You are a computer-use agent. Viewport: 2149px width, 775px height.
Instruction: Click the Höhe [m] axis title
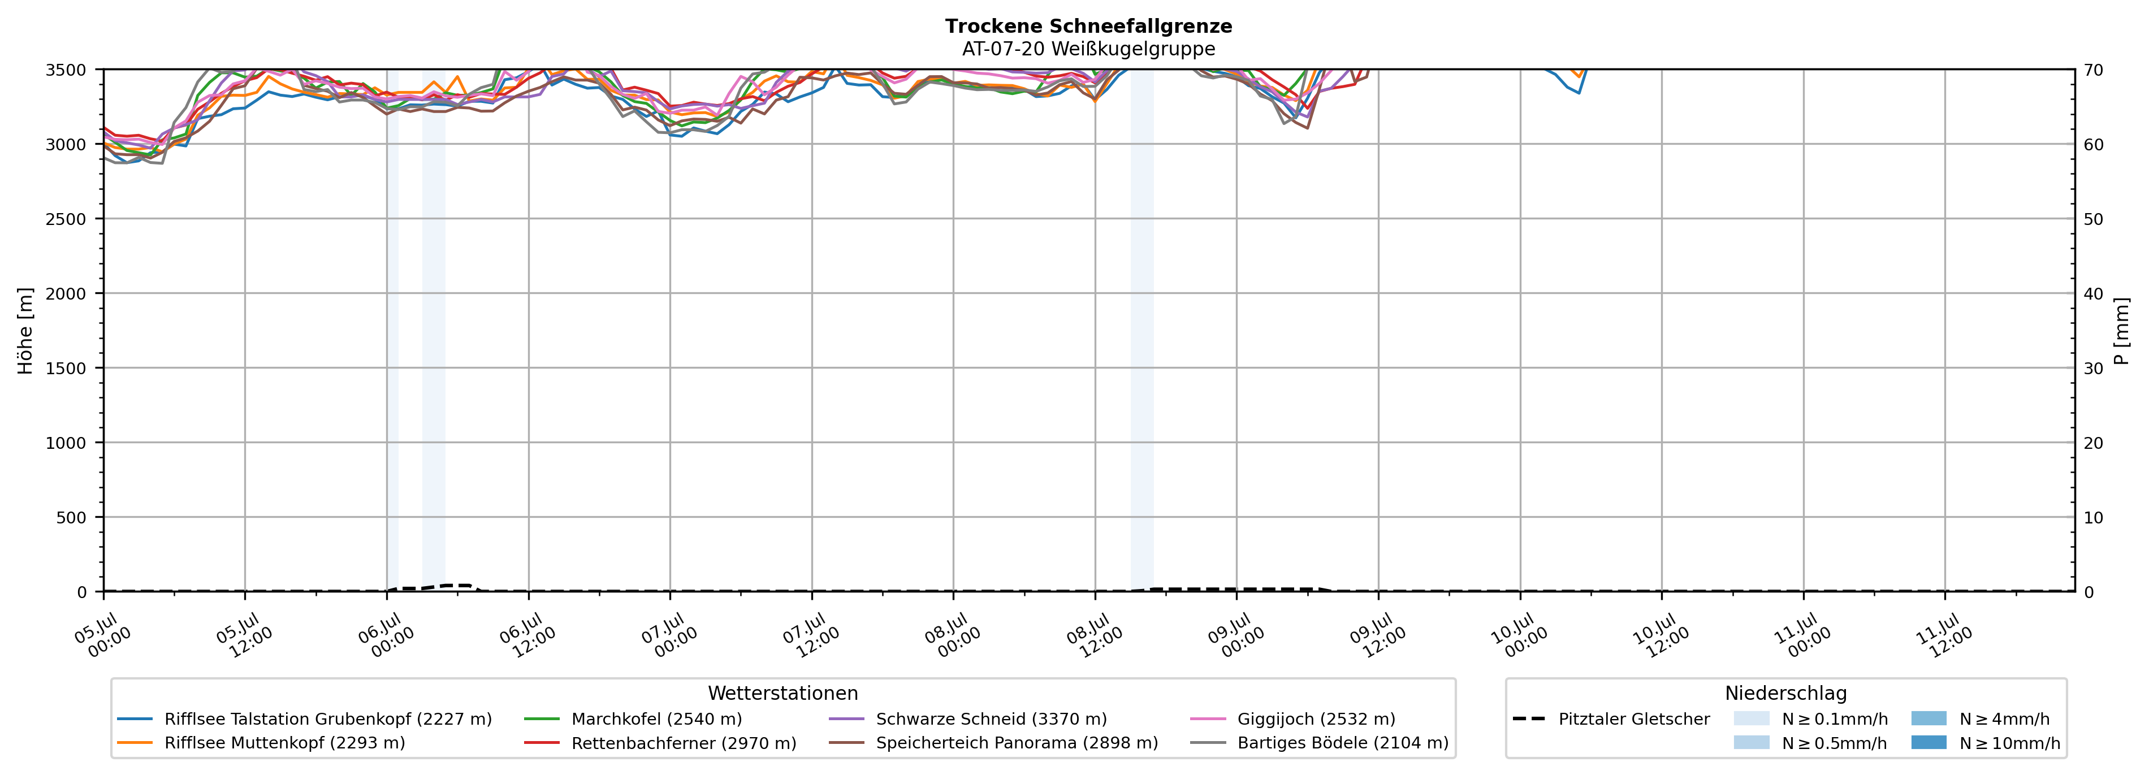tap(25, 330)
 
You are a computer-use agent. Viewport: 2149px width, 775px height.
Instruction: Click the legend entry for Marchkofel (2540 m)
tap(656, 719)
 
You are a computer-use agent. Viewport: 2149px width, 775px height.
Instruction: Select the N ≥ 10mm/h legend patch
tap(1929, 742)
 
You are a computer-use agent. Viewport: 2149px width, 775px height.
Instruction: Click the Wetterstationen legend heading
tap(782, 693)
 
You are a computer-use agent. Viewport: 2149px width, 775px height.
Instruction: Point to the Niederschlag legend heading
tap(1786, 693)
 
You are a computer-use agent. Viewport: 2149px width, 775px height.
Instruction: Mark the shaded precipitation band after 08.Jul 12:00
tap(1142, 330)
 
